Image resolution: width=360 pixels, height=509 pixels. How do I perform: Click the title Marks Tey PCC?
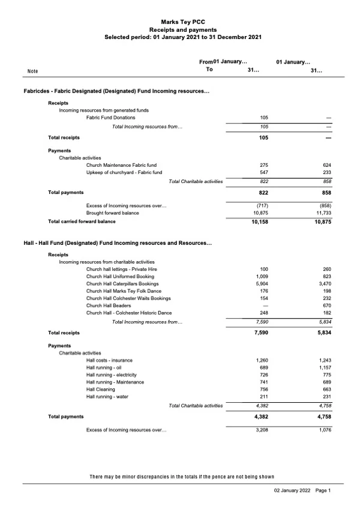pos(179,20)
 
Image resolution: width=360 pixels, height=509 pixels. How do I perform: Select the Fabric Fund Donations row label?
pos(110,117)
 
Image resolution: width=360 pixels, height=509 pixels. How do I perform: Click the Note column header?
pos(33,71)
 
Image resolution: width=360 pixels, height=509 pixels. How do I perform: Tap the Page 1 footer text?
pos(323,490)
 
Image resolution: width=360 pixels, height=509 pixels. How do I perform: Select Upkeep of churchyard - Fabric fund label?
pos(124,172)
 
